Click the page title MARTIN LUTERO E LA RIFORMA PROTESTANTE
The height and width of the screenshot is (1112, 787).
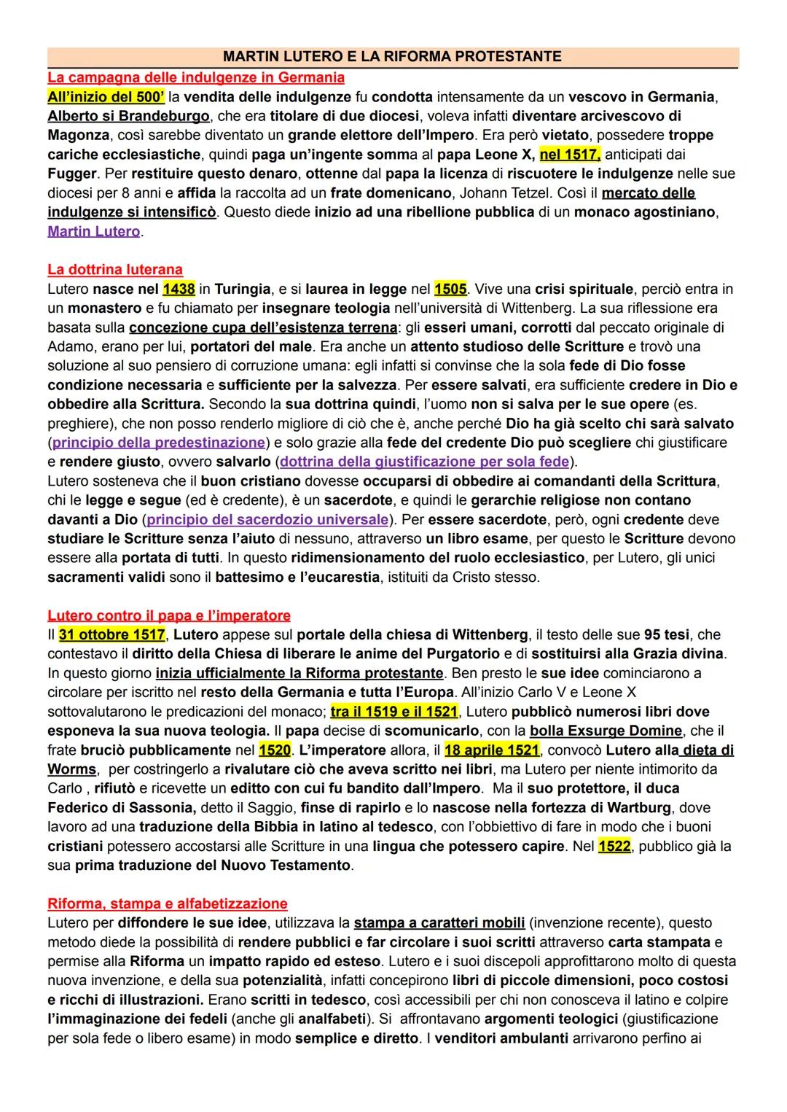pos(392,57)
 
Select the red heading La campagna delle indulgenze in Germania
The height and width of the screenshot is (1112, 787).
pos(196,77)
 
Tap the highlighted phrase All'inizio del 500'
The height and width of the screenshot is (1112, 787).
pos(106,96)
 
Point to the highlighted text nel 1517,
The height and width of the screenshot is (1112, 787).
pos(571,154)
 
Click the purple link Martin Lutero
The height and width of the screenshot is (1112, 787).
pos(94,231)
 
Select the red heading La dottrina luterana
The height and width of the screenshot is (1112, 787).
pos(115,270)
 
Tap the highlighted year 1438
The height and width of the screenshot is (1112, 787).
pos(179,289)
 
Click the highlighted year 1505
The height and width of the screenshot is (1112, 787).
pos(450,289)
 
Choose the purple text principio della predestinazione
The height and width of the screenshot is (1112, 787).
pos(159,443)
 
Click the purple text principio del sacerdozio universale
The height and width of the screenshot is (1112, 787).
pos(267,520)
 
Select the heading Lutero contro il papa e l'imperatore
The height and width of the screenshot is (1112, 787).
pos(169,615)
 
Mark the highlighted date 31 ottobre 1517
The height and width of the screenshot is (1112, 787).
pos(112,634)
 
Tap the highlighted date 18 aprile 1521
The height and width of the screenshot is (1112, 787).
pos(492,750)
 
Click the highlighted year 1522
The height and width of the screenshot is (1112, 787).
pos(614,846)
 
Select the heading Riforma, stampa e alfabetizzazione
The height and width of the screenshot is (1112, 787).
pos(168,903)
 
